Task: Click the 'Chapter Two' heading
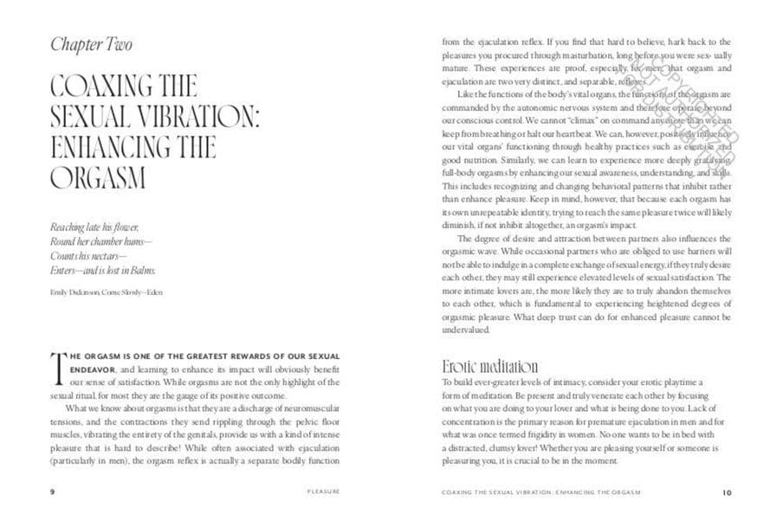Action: click(91, 44)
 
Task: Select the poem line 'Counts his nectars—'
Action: click(88, 257)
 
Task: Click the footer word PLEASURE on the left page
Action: click(323, 491)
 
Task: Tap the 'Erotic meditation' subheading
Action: click(489, 367)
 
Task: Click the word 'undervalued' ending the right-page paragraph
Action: click(466, 330)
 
